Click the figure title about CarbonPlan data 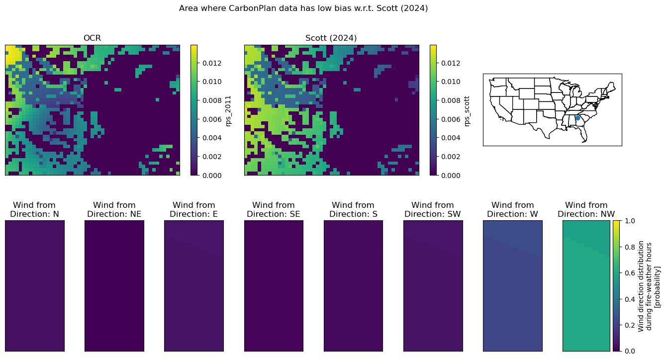303,8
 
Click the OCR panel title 92,38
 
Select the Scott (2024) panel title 331,38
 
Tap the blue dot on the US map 577,118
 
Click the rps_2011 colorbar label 228,111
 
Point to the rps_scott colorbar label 467,111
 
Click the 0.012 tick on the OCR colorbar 212,63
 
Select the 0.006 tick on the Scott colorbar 451,119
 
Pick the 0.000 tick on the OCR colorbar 212,176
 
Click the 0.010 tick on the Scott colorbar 451,82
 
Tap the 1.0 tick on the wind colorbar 630,221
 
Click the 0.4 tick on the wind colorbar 630,299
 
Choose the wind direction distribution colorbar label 649,286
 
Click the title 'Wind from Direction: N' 34,209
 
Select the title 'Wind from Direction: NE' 114,209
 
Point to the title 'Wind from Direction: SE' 274,209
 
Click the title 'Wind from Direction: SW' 433,209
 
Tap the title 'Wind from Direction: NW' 586,209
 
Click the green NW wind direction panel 586,286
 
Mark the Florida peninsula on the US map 583,134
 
